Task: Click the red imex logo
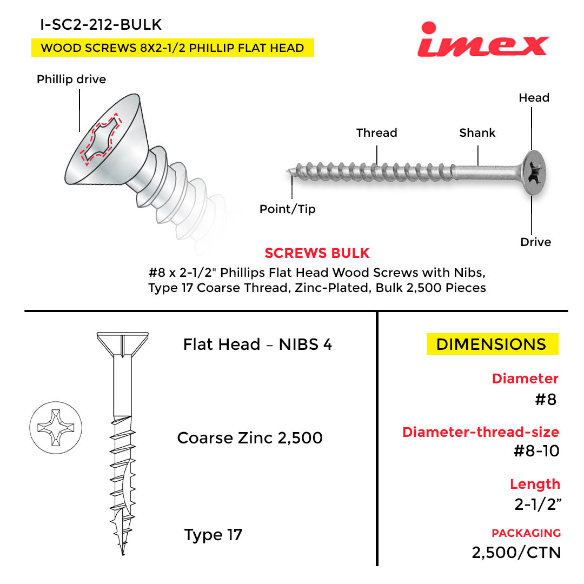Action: [x=483, y=39]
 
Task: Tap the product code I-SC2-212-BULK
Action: [x=101, y=24]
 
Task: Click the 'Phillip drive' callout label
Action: [x=71, y=79]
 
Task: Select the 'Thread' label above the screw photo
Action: [x=376, y=132]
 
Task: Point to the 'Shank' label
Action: [x=477, y=132]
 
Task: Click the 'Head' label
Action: [x=534, y=97]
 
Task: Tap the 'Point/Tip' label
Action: [x=288, y=209]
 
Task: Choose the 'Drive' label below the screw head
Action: [x=535, y=242]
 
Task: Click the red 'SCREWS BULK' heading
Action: [x=317, y=253]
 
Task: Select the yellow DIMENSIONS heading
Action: [x=492, y=344]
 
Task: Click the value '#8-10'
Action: [x=536, y=451]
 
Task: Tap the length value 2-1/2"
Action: [x=538, y=505]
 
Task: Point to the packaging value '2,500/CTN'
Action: [x=516, y=553]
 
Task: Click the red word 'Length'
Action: [x=535, y=484]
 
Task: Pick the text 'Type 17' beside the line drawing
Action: [x=213, y=535]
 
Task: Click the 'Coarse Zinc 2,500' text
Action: [x=249, y=438]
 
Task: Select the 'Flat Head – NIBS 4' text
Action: [x=257, y=344]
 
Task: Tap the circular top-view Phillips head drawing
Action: [x=56, y=428]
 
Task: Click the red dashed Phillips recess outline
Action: [x=101, y=139]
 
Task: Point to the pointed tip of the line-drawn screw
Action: [x=123, y=555]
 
